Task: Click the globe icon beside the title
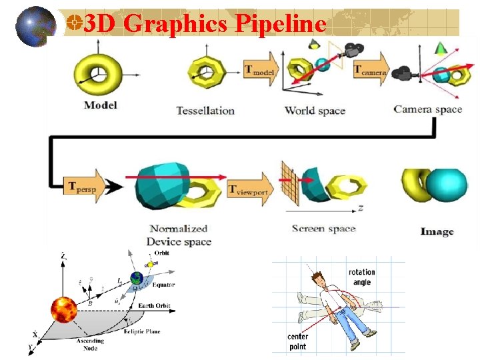[x=35, y=27]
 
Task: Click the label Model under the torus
[x=101, y=105]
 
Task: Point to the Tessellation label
[x=205, y=110]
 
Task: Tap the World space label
[x=315, y=110]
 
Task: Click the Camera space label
[x=428, y=109]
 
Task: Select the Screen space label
[x=324, y=229]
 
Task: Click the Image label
[x=437, y=231]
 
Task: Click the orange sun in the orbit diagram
[x=65, y=311]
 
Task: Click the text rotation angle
[x=362, y=277]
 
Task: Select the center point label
[x=297, y=341]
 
